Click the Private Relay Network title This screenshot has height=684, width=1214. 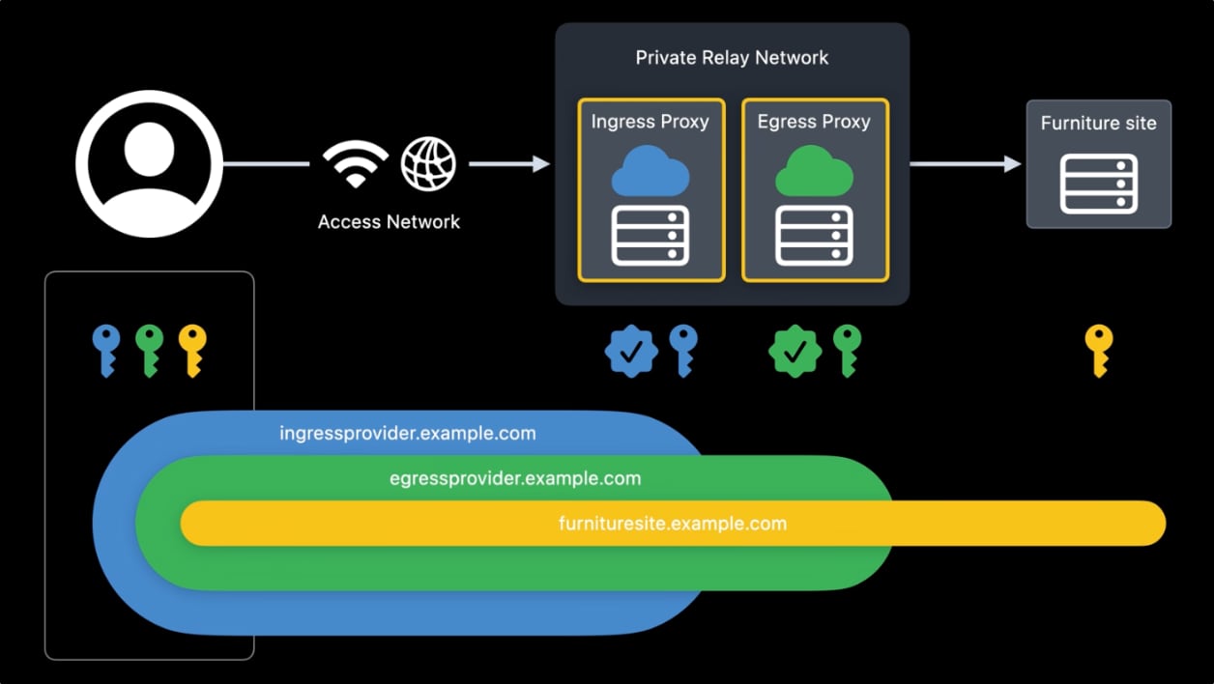pyautogui.click(x=732, y=57)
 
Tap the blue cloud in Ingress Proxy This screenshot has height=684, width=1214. pyautogui.click(x=650, y=171)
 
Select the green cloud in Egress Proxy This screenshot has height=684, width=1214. pyautogui.click(x=814, y=171)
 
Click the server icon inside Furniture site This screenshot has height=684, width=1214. pyautogui.click(x=1099, y=185)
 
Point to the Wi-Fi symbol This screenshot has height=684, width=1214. pyautogui.click(x=356, y=164)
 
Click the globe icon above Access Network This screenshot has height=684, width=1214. pyautogui.click(x=428, y=164)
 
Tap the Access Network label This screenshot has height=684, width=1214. pyautogui.click(x=389, y=222)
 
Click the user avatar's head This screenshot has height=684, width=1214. pyautogui.click(x=149, y=149)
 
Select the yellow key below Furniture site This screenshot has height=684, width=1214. pyautogui.click(x=1099, y=351)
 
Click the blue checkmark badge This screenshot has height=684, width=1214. pyautogui.click(x=631, y=352)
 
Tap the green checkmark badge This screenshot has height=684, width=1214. pyautogui.click(x=795, y=352)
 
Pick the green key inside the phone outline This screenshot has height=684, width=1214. pyautogui.click(x=149, y=351)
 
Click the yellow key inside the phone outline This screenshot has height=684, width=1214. pyautogui.click(x=192, y=351)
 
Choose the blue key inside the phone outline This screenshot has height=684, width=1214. pyautogui.click(x=106, y=351)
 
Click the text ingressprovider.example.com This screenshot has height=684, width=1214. pyautogui.click(x=408, y=433)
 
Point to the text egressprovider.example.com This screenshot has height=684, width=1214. pyautogui.click(x=515, y=479)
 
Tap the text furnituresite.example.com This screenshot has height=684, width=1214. pyautogui.click(x=673, y=524)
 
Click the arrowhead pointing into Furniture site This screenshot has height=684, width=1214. pyautogui.click(x=1012, y=164)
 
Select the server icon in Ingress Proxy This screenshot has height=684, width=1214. pyautogui.click(x=650, y=236)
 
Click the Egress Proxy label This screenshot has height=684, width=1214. pyautogui.click(x=814, y=122)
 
